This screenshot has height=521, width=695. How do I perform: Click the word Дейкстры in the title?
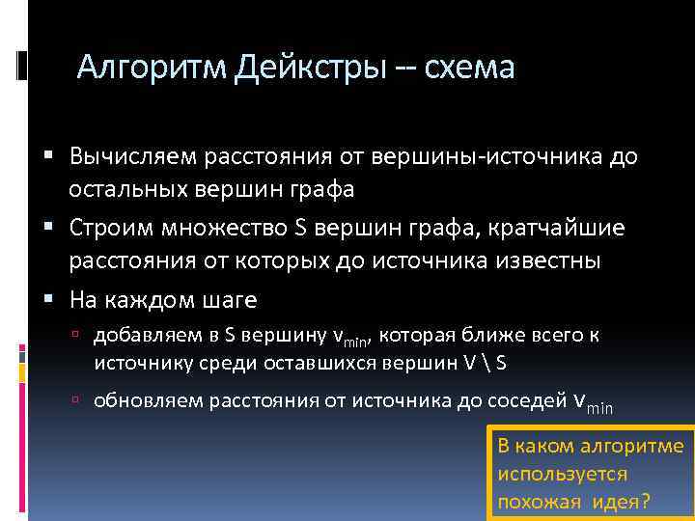[x=306, y=68]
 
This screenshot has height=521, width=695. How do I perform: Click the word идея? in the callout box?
[x=618, y=502]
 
